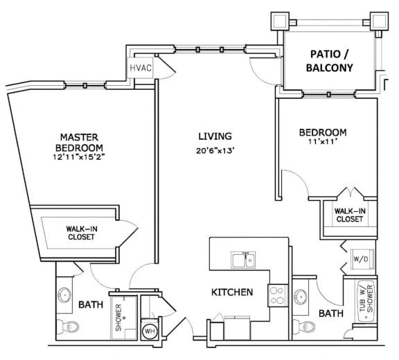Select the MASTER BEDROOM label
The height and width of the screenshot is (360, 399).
click(81, 143)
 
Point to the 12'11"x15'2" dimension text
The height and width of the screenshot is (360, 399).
click(81, 158)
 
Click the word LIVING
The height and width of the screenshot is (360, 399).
click(214, 136)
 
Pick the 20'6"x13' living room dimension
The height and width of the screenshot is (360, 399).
click(214, 152)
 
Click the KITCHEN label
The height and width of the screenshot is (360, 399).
click(231, 292)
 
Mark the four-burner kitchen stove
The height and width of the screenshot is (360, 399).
click(278, 296)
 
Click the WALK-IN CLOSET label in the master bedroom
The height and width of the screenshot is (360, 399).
click(80, 232)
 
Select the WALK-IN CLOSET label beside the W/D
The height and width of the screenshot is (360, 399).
click(349, 215)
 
